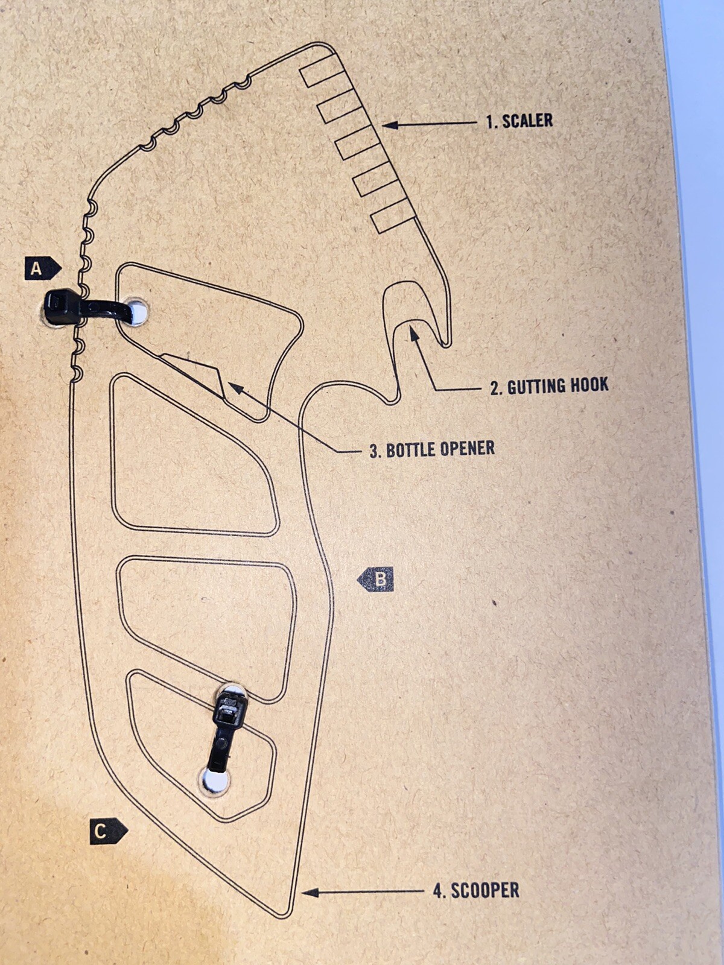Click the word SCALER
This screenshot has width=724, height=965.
[527, 121]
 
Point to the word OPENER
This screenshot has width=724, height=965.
[467, 449]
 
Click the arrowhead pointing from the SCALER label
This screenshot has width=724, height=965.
[390, 125]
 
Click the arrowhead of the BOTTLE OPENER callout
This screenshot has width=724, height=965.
[235, 387]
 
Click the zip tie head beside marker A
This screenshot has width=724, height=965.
[62, 306]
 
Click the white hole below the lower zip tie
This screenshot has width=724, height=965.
[216, 779]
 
